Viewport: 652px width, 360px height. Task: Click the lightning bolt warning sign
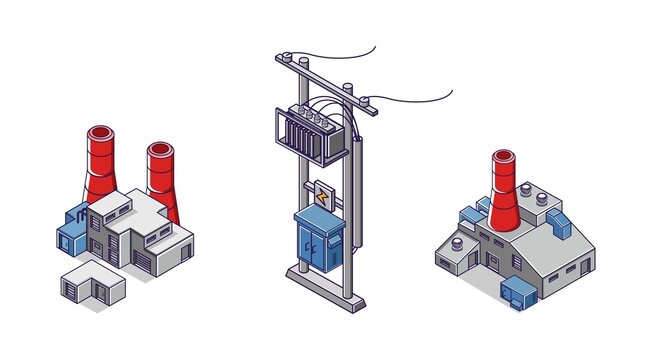point(322,196)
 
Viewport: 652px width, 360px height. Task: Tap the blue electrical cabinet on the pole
point(318,240)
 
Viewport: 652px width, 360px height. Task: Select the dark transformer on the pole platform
point(310,135)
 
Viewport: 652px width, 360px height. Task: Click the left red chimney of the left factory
point(100,165)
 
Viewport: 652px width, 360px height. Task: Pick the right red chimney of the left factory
point(162,175)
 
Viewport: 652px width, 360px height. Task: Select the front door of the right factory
point(493,262)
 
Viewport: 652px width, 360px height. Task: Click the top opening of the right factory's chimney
point(504,156)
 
